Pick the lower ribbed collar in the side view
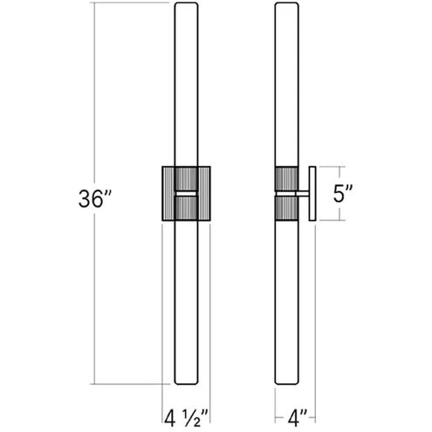287,209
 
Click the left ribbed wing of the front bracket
168,193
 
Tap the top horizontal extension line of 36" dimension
131,3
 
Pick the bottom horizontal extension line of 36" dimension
131,385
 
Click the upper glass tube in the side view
287,87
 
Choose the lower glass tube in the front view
186,297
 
